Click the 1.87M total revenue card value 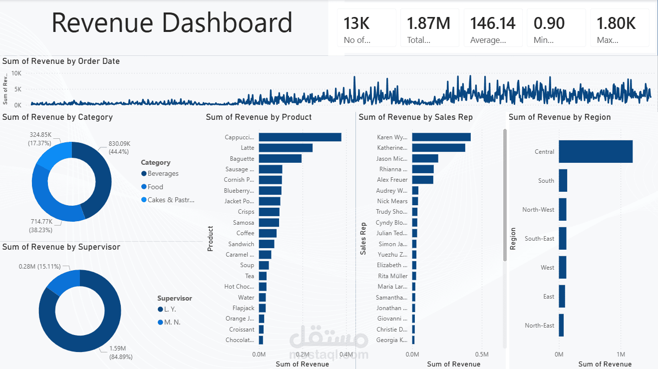tap(428, 23)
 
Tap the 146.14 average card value tap(492, 23)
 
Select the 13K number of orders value tap(357, 23)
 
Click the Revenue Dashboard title tap(172, 23)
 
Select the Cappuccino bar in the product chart tap(300, 137)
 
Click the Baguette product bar tap(280, 158)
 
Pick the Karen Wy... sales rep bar tap(441, 137)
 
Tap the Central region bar tap(595, 151)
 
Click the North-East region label tap(539, 326)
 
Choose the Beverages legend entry tap(163, 174)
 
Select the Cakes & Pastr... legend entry tap(171, 200)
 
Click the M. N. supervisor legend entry tap(172, 322)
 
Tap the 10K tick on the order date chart tap(16, 73)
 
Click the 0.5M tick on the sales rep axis tap(481, 354)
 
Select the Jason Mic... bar tap(425, 158)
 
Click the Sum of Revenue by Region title tap(559, 117)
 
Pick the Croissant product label tap(242, 330)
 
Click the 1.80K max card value tap(616, 23)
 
